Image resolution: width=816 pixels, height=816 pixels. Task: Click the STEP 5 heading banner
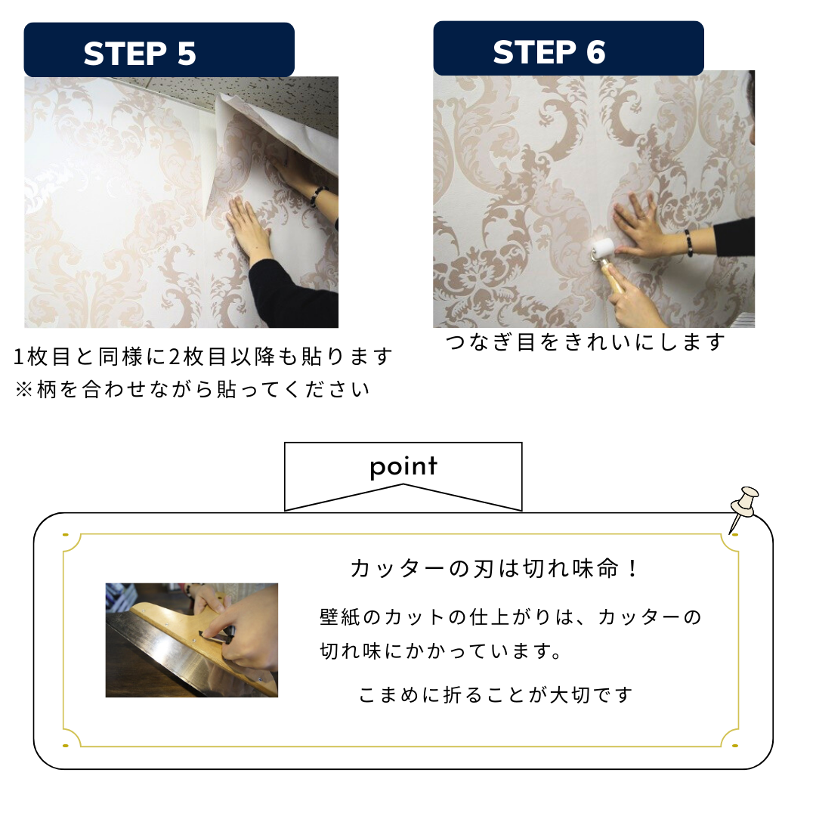pos(159,51)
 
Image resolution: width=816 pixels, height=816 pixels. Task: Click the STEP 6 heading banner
pos(567,49)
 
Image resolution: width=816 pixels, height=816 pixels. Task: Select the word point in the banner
pos(403,466)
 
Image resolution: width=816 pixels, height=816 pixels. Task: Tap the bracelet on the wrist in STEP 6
pos(688,242)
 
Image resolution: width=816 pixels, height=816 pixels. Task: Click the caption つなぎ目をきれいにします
pos(585,342)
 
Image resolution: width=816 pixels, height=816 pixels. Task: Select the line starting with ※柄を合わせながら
pos(193,389)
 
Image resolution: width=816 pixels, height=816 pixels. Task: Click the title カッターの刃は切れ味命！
pos(495,568)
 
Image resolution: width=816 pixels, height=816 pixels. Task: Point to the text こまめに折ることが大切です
pos(495,694)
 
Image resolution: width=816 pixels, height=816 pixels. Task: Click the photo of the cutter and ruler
pos(191,640)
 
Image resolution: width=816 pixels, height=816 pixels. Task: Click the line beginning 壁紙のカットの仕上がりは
pos(511,617)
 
